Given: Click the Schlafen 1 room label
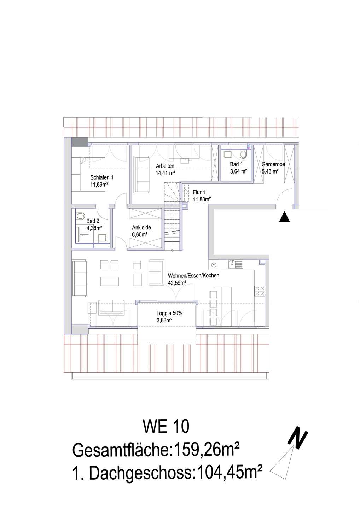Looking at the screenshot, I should coord(101,177).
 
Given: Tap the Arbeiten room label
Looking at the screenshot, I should coord(165,166).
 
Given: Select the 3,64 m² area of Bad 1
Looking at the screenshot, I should coord(238,171).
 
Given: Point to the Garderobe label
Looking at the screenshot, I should coord(273,164).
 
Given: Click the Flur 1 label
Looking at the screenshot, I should coord(199,192).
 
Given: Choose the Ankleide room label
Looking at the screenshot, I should coord(141,228).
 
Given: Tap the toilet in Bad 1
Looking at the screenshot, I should coord(243,154).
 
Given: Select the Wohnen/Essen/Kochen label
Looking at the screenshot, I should coord(193,276).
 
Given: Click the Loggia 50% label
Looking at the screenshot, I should coord(169,313).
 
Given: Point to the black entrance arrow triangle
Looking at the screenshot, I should coord(284,217).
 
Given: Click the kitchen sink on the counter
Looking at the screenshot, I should coord(236,264).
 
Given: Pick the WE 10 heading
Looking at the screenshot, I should coord(166,427).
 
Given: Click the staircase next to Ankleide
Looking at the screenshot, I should coord(173,226).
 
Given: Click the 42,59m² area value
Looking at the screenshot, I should coord(177,283).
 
